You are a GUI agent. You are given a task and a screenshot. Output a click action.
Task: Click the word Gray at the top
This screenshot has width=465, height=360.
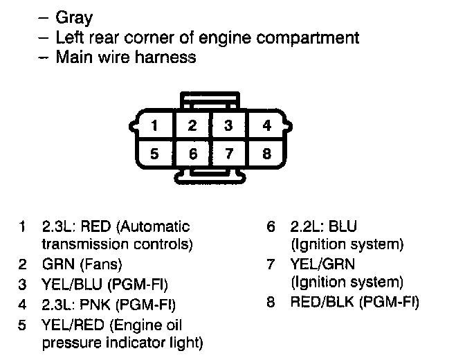pos(73,18)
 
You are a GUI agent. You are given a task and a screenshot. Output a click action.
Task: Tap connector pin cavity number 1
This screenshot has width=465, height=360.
pos(156,126)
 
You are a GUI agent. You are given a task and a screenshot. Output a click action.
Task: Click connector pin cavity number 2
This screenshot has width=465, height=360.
pos(193,126)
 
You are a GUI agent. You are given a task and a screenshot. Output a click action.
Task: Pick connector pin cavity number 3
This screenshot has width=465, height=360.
pos(229,126)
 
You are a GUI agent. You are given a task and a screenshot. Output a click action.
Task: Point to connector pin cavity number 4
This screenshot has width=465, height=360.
pos(266,126)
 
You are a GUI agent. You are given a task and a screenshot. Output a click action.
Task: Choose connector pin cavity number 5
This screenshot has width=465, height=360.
pos(156,154)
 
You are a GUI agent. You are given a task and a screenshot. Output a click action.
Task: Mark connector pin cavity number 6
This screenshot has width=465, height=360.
pos(193,154)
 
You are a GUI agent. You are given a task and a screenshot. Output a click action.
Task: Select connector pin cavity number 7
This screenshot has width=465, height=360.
pos(229,154)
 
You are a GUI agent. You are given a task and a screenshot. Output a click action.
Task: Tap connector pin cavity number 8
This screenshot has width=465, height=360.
pos(266,154)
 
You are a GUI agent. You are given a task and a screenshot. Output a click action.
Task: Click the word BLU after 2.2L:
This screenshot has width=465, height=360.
pos(343,226)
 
